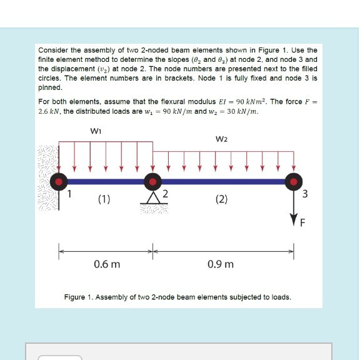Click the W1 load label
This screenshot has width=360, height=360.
click(96, 132)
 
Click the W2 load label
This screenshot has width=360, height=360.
click(222, 140)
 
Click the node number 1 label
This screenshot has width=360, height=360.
click(71, 194)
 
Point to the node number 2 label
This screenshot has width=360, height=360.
click(165, 194)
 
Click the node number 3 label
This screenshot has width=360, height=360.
click(304, 194)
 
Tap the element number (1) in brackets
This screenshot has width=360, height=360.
click(104, 200)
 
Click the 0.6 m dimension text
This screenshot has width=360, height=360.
click(107, 264)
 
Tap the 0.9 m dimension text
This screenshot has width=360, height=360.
click(222, 264)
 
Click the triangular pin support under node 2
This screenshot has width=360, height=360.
click(151, 198)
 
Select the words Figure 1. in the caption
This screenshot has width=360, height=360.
click(79, 296)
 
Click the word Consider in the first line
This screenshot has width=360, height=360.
click(52, 49)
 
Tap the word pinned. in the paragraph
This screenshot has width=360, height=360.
click(49, 88)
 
